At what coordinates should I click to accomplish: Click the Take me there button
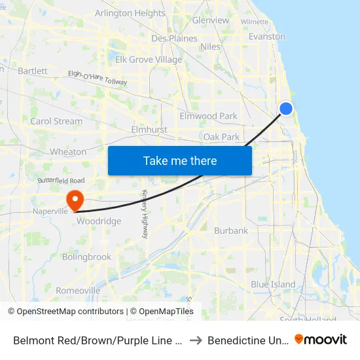tap(180, 161)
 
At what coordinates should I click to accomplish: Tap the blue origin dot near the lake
tap(286, 109)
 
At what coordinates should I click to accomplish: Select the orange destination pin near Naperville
tap(75, 199)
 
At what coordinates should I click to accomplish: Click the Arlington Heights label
tap(130, 13)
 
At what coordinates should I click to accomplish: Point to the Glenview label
tap(211, 20)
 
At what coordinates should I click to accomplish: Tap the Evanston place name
tap(267, 37)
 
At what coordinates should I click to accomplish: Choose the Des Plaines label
tap(174, 39)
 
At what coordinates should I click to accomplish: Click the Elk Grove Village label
tap(149, 60)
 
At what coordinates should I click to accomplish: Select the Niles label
tap(211, 46)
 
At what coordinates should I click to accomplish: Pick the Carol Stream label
tap(56, 121)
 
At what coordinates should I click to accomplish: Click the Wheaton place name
tap(68, 152)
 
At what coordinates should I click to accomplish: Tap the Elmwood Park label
tap(209, 117)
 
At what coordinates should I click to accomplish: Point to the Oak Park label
tap(222, 137)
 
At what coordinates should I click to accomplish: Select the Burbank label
tap(231, 230)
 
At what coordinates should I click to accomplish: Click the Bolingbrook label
tap(86, 257)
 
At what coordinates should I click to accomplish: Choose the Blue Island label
tap(273, 284)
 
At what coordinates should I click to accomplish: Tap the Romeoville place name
tap(78, 290)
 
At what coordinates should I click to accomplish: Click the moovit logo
tap(321, 339)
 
